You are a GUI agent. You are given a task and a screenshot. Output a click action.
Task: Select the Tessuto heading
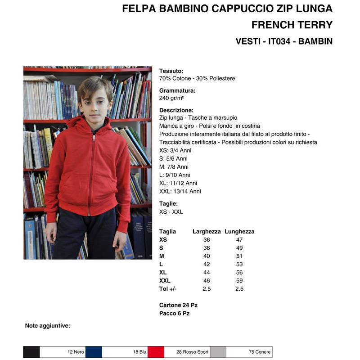pyautogui.click(x=171, y=71)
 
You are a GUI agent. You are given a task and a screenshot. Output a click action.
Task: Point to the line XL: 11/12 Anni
pyautogui.click(x=180, y=183)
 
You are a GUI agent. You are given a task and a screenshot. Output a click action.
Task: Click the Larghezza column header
pyautogui.click(x=207, y=231)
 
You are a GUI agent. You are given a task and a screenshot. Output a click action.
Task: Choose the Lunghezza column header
pyautogui.click(x=239, y=231)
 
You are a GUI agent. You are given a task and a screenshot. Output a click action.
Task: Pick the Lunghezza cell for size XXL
pyautogui.click(x=239, y=280)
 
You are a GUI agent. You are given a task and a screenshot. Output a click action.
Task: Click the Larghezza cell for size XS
pyautogui.click(x=207, y=240)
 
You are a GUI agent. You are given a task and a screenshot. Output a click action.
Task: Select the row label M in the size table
pyautogui.click(x=161, y=256)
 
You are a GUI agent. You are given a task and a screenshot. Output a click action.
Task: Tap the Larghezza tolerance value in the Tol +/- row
pyautogui.click(x=207, y=289)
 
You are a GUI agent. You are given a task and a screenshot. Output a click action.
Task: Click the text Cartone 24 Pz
pyautogui.click(x=178, y=305)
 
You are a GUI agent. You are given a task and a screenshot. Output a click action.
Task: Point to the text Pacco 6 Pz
pyautogui.click(x=174, y=313)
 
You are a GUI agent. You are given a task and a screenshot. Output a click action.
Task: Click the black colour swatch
pyautogui.click(x=31, y=352)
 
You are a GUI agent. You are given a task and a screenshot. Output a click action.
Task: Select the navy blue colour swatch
pyautogui.click(x=94, y=352)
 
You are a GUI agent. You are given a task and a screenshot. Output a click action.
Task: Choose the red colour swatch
pyautogui.click(x=156, y=352)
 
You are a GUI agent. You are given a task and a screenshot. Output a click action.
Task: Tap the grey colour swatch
pyautogui.click(x=218, y=352)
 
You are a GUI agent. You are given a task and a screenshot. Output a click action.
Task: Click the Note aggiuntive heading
pyautogui.click(x=48, y=325)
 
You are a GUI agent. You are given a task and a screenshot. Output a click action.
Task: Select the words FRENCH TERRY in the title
pyautogui.click(x=292, y=25)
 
